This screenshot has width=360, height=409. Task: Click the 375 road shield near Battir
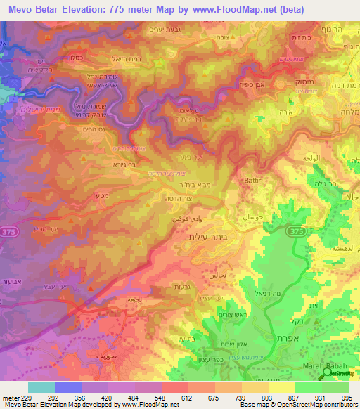tap(298, 232)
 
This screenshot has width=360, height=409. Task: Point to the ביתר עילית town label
tap(207, 239)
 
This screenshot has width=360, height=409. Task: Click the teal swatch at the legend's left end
tap(41, 387)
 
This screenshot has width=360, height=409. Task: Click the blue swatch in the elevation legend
tap(68, 387)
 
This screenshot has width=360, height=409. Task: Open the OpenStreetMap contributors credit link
tap(327, 405)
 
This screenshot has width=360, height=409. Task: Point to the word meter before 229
tap(11, 398)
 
